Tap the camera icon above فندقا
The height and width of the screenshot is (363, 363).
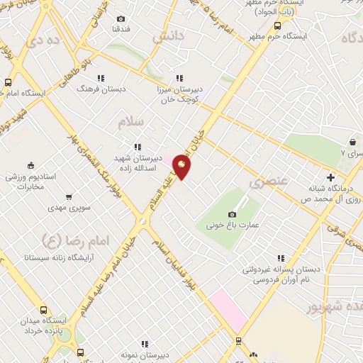[121, 18]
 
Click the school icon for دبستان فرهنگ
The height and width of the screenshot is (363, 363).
[101, 78]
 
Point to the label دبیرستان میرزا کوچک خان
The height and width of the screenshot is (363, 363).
[179, 96]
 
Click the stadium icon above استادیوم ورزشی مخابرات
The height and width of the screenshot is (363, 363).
[31, 164]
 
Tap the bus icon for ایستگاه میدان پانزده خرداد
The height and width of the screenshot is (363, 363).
[44, 310]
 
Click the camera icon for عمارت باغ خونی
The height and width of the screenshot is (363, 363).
[232, 214]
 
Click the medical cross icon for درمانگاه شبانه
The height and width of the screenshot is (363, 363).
[330, 177]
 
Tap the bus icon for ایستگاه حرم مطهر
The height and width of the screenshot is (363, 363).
[277, 26]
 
